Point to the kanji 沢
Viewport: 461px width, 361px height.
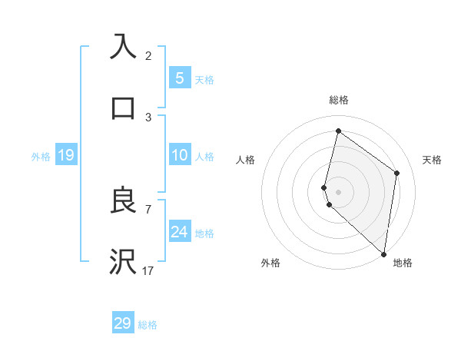123,261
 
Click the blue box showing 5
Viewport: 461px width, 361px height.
179,78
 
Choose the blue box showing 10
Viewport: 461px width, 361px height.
179,156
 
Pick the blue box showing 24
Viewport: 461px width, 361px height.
179,232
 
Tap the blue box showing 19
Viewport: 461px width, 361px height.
65,156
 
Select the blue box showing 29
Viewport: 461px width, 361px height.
122,323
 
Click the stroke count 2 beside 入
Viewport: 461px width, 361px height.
148,55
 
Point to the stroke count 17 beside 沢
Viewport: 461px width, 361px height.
148,270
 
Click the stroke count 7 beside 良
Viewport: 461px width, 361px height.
148,209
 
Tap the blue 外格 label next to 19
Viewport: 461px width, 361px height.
41,157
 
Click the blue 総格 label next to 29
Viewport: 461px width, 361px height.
148,325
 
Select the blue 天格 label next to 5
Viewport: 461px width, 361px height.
204,79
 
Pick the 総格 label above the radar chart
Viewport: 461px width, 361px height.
338,101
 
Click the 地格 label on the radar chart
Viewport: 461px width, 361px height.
403,263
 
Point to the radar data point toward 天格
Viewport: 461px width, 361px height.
396,173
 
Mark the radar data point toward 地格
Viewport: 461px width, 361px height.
383,253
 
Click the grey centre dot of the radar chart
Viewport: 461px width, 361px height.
338,191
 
